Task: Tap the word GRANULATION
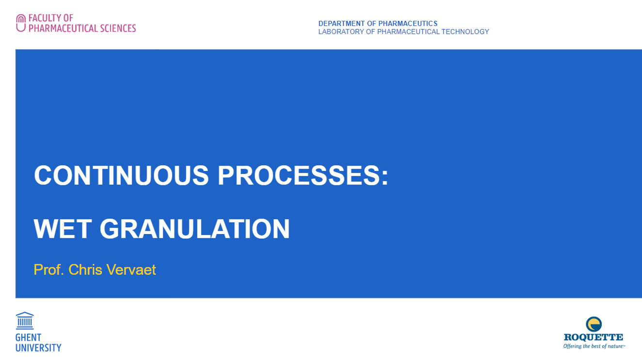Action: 194,229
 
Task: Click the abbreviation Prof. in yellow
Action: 49,270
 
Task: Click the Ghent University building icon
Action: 25,321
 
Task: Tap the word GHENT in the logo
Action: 28,338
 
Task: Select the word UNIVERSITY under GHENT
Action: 38,348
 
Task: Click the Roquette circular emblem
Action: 594,324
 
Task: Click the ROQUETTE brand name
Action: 593,337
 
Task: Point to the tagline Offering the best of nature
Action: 594,346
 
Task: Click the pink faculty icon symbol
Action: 20,23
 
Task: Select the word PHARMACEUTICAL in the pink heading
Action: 63,28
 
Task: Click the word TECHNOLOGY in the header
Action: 465,32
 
